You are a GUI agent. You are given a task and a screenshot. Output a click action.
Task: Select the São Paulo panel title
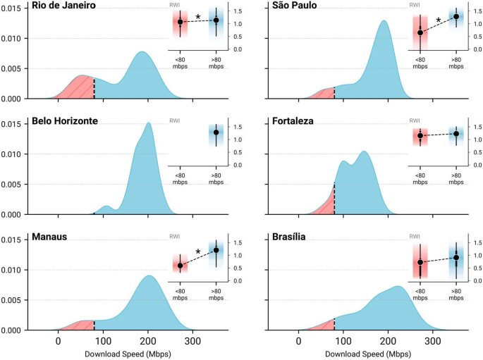pyautogui.click(x=296, y=6)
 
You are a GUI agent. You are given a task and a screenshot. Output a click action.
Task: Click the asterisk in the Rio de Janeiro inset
pyautogui.click(x=198, y=18)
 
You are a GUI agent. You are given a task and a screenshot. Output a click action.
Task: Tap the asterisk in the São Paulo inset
pyautogui.click(x=439, y=22)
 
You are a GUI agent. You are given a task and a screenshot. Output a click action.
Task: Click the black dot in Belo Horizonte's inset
pyautogui.click(x=216, y=132)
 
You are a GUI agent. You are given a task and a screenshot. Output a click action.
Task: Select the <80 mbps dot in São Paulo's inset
pyautogui.click(x=420, y=32)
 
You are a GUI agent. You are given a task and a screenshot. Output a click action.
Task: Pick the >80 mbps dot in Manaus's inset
pyautogui.click(x=216, y=250)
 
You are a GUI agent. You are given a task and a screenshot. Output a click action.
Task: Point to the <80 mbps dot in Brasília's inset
pyautogui.click(x=420, y=262)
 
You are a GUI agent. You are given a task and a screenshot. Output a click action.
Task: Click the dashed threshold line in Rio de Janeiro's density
pyautogui.click(x=94, y=87)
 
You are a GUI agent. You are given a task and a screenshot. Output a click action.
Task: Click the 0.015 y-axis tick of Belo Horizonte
pyautogui.click(x=14, y=124)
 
